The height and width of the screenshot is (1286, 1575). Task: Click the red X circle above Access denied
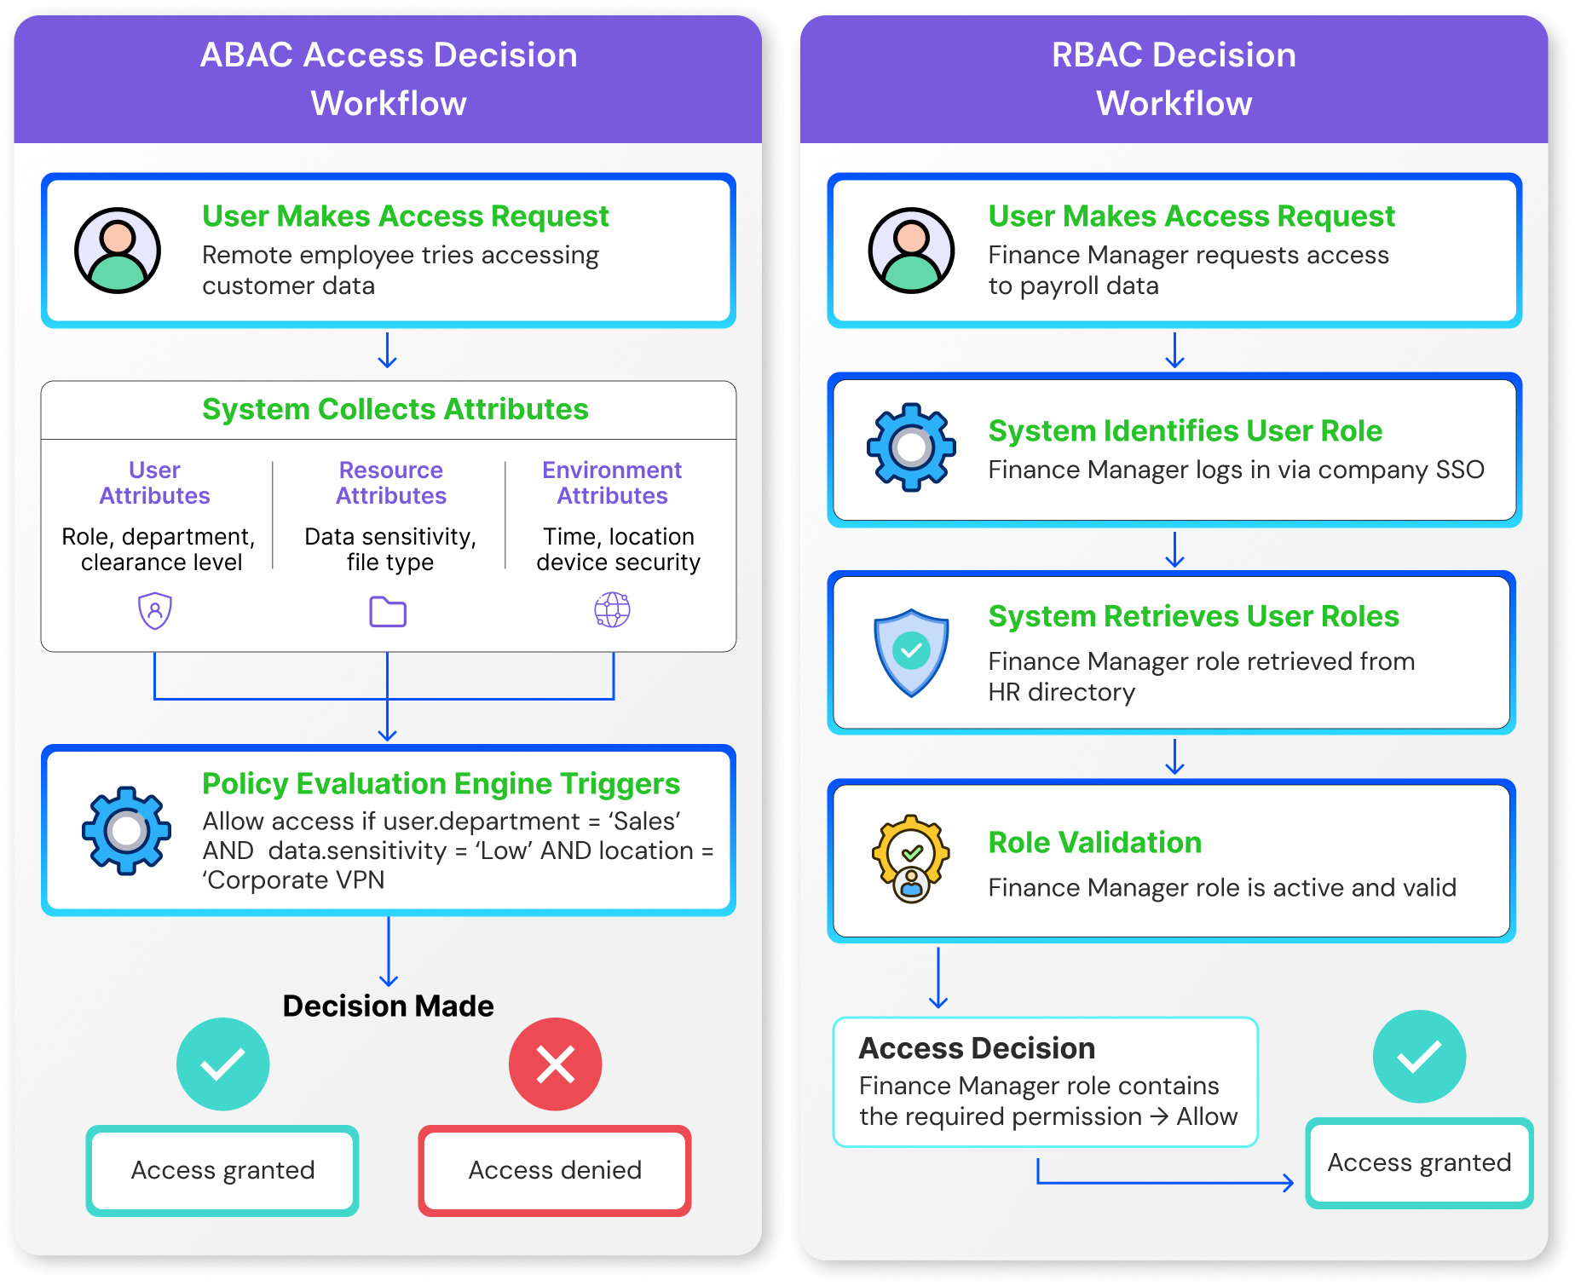coord(555,1064)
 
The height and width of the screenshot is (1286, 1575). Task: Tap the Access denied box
coord(555,1170)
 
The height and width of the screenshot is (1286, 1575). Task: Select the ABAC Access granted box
coord(222,1170)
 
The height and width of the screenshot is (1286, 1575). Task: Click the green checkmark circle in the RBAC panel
coord(1419,1056)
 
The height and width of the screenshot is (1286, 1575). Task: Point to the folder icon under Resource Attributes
coord(388,612)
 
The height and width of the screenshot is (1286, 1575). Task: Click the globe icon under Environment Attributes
coord(612,610)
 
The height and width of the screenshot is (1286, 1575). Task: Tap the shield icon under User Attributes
coord(155,611)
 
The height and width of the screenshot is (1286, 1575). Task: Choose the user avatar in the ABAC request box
coord(118,251)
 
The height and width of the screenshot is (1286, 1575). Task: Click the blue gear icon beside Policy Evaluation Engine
coord(126,830)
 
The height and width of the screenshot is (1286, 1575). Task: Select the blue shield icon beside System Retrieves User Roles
coord(911,653)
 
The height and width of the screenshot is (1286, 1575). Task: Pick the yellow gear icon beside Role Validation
coord(911,857)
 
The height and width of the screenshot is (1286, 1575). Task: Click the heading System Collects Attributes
coord(395,410)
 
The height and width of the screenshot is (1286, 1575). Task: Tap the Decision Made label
coord(388,1006)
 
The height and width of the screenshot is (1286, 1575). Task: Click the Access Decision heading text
coord(977,1048)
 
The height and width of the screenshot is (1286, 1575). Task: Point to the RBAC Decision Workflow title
coord(1174,78)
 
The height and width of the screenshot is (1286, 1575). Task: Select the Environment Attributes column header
coord(612,482)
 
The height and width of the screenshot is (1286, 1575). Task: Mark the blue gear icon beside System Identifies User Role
coord(911,447)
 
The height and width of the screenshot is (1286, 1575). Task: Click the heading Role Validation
coord(1095,842)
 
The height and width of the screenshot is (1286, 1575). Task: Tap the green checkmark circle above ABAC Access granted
coord(222,1064)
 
